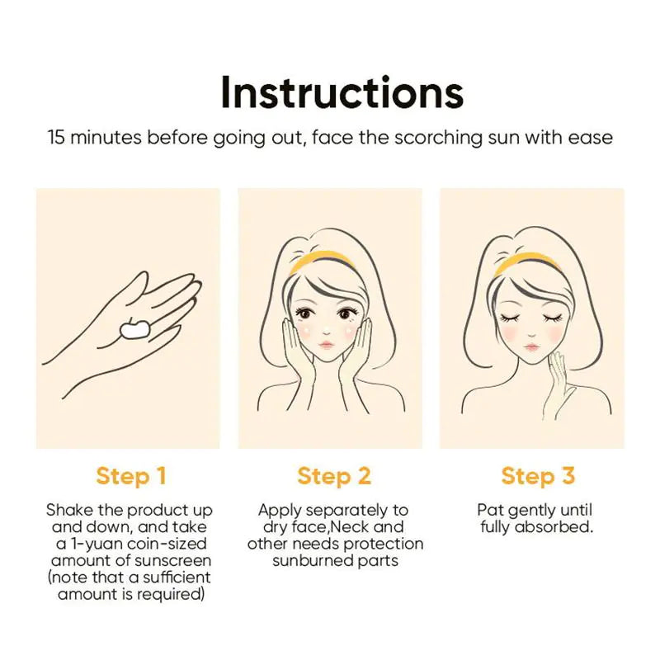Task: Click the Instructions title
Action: (x=342, y=92)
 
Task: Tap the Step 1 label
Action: (x=131, y=476)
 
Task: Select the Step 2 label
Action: (x=334, y=476)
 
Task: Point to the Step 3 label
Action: (x=538, y=476)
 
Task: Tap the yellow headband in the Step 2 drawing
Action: (x=324, y=259)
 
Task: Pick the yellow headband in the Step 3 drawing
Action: (x=527, y=259)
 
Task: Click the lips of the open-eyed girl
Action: (x=327, y=345)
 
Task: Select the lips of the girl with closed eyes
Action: (x=531, y=346)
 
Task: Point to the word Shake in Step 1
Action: (x=70, y=510)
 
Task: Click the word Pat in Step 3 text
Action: (x=490, y=510)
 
